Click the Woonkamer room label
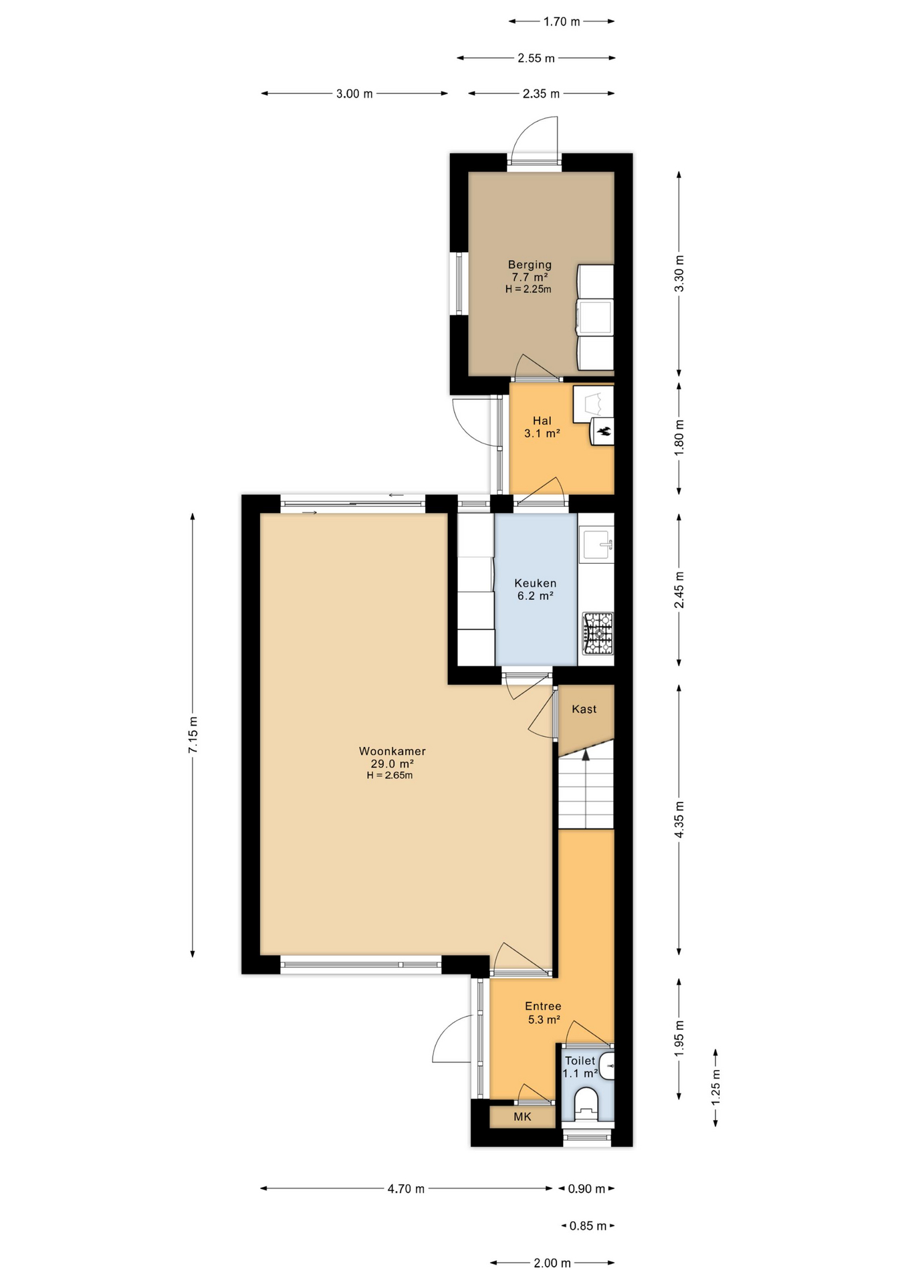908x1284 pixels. pyautogui.click(x=392, y=751)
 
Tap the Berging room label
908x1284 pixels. pyautogui.click(x=530, y=265)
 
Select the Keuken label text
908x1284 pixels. pyautogui.click(x=535, y=583)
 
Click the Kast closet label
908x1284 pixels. pyautogui.click(x=584, y=709)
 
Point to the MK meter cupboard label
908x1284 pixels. pyautogui.click(x=522, y=1117)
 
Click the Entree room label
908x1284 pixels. pyautogui.click(x=543, y=1006)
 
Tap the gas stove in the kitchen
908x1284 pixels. pyautogui.click(x=598, y=633)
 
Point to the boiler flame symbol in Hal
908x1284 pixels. pyautogui.click(x=604, y=431)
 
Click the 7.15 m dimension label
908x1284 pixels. pyautogui.click(x=193, y=735)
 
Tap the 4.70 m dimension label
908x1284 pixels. pyautogui.click(x=406, y=1188)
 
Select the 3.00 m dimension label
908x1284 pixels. pyautogui.click(x=354, y=94)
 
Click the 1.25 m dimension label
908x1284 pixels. pyautogui.click(x=715, y=1087)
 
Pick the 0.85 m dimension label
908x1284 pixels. pyautogui.click(x=588, y=1226)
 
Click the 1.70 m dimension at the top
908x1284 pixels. pyautogui.click(x=561, y=21)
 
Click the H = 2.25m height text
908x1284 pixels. pyautogui.click(x=528, y=290)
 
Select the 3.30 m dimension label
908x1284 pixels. pyautogui.click(x=679, y=274)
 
